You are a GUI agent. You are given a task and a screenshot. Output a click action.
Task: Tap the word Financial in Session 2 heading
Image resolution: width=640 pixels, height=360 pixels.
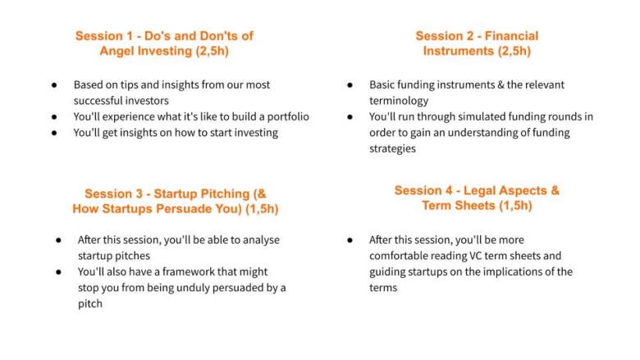coord(511,36)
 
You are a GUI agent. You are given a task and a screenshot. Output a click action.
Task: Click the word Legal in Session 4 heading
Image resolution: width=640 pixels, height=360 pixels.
coord(480,190)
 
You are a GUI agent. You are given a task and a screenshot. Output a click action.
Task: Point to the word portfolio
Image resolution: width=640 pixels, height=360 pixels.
coord(288,117)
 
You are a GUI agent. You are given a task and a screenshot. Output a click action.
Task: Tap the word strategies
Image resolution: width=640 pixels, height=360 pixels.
coord(392,148)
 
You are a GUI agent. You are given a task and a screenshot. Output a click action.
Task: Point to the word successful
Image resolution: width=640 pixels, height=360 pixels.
coord(94,101)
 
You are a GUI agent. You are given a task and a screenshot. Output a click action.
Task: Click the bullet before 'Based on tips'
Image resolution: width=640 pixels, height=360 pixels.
coord(54,85)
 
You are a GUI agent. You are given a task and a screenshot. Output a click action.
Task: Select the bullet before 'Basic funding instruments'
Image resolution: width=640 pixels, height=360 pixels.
coord(350,85)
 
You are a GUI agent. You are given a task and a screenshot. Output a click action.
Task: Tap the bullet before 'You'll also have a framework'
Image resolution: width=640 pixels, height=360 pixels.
coord(58,272)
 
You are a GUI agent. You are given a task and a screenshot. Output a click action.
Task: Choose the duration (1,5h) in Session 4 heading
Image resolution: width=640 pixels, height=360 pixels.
coord(515,206)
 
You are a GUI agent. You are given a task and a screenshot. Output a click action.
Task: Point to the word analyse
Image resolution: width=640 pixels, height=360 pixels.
coord(261,240)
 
